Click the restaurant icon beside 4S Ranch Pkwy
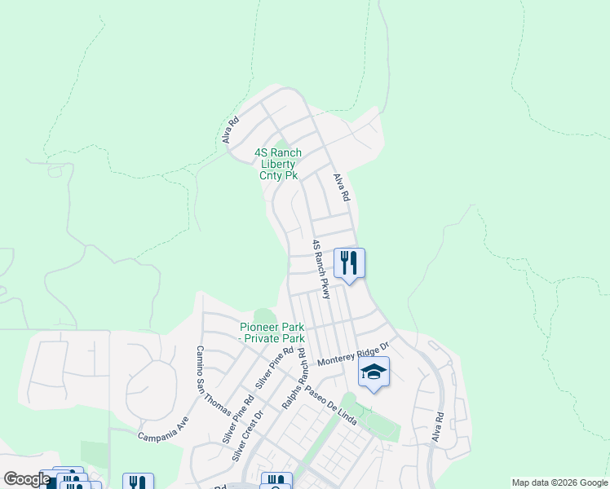(x=349, y=263)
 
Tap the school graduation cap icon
(x=374, y=373)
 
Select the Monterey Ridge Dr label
(x=355, y=352)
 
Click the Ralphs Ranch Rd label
(x=293, y=380)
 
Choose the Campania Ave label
(x=163, y=429)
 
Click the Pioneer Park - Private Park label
(x=272, y=333)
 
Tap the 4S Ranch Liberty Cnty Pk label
(x=278, y=164)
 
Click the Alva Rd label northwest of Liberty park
(x=231, y=131)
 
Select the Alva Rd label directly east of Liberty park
(x=341, y=187)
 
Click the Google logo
(x=27, y=479)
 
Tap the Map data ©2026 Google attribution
(x=559, y=482)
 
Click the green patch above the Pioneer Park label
(x=265, y=315)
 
